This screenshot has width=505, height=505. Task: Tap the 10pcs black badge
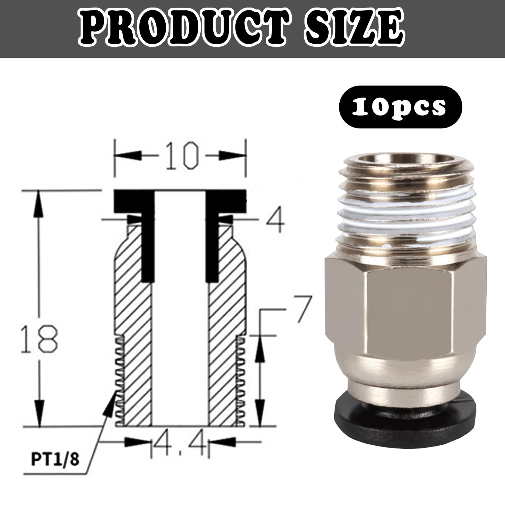point(400,107)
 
